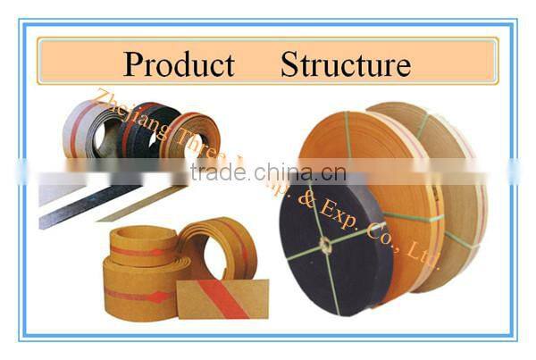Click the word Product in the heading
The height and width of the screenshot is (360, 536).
pos(179,64)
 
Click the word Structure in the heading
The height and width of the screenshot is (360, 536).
pos(345,64)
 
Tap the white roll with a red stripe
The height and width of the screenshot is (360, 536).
pos(85,130)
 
